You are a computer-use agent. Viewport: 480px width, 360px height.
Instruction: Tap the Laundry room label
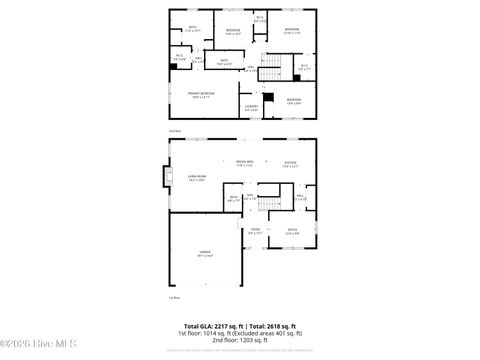[251, 106]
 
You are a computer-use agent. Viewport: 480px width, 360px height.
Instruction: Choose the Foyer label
[255, 231]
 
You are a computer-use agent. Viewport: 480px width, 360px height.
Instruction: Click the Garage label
[204, 254]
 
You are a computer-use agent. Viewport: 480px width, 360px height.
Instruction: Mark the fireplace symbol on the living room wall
[164, 179]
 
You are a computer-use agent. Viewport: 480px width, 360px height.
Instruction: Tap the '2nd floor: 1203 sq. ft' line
[240, 340]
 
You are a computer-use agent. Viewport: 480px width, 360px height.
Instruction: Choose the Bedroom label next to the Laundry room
[292, 100]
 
